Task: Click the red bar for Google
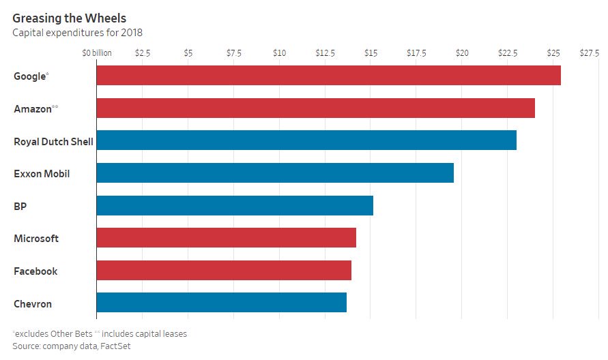click(x=328, y=76)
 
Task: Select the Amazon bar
click(x=315, y=108)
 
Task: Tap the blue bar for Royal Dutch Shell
click(x=306, y=140)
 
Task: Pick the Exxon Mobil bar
click(x=275, y=173)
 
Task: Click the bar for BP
click(x=235, y=205)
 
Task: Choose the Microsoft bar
click(x=226, y=238)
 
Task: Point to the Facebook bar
click(x=224, y=271)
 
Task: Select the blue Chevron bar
click(x=221, y=303)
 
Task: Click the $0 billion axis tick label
click(x=97, y=52)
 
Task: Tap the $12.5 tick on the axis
click(x=325, y=52)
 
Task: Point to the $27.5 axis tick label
click(x=589, y=52)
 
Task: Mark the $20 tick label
click(x=462, y=52)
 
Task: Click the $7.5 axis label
click(x=233, y=52)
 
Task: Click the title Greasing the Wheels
click(x=69, y=18)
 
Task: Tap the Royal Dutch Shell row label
click(x=53, y=141)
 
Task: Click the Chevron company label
click(x=33, y=303)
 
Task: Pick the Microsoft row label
click(x=36, y=239)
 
